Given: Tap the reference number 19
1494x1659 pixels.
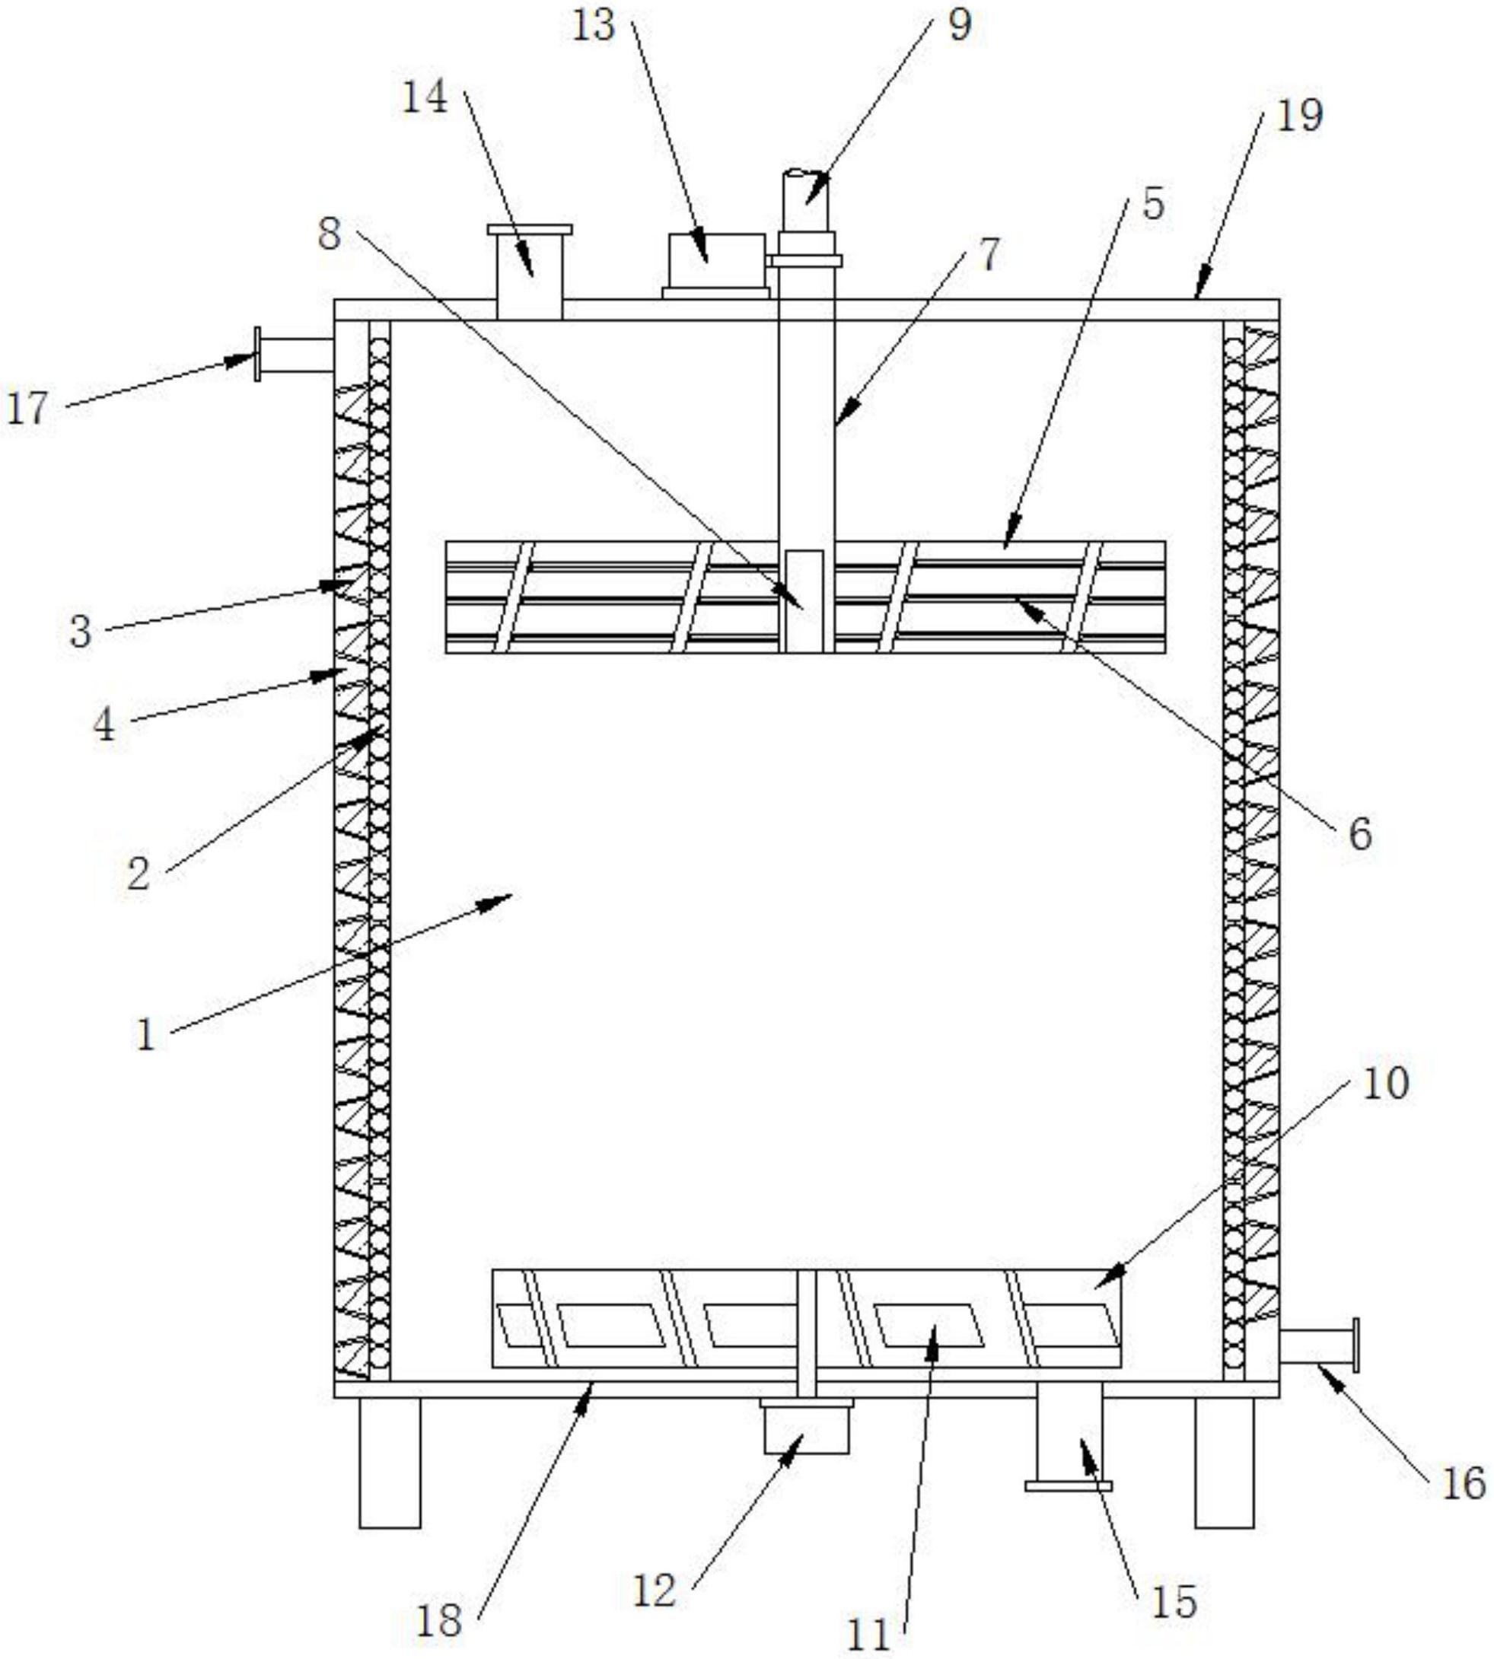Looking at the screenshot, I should coord(1299,115).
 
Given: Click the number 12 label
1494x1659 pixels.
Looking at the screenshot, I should coord(655,1591).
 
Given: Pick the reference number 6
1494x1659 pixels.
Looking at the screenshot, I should coord(1360,835).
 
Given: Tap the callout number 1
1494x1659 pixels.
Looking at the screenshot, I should coord(146,1034).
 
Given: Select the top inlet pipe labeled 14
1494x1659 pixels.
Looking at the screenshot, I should coord(530,271).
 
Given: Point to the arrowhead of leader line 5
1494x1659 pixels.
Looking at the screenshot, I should coord(1006,545).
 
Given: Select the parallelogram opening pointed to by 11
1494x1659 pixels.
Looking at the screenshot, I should coord(929,1325).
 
